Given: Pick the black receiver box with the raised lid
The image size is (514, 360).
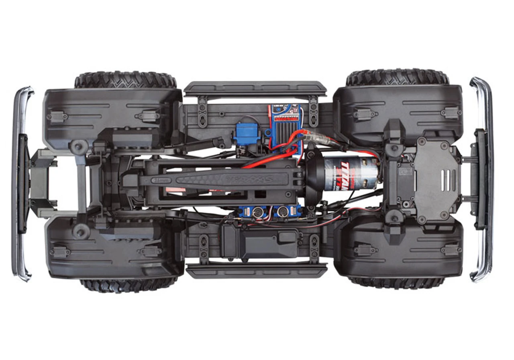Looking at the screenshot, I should point(257,240).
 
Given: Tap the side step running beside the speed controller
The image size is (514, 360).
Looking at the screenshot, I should point(255,89).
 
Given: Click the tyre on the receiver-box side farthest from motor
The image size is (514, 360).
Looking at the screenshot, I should point(128,284).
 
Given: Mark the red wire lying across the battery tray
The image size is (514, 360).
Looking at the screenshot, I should point(269,161).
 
